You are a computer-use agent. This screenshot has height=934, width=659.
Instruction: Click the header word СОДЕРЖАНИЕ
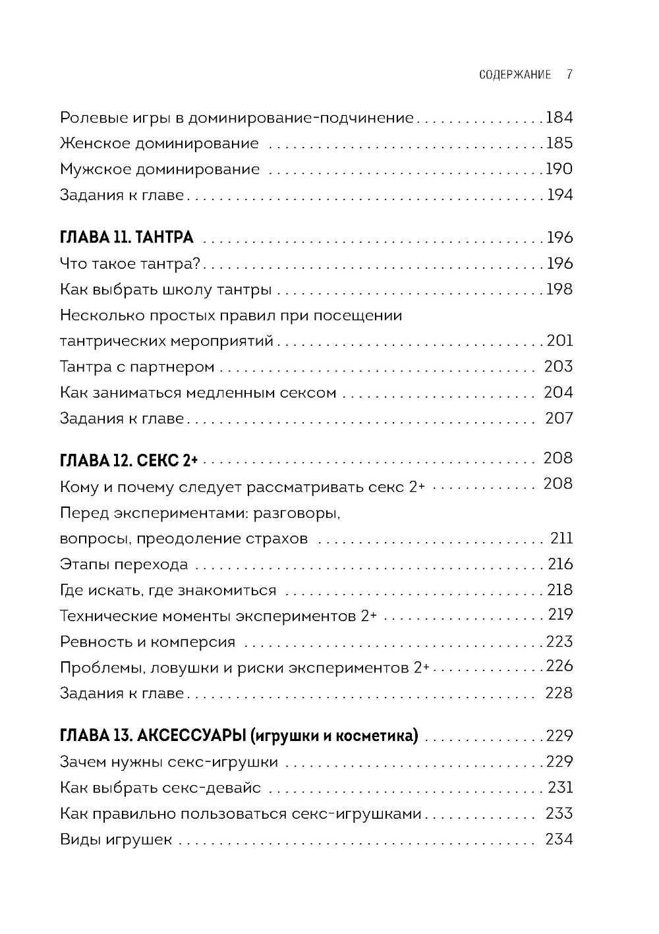[515, 74]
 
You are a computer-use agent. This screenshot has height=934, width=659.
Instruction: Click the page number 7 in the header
[569, 74]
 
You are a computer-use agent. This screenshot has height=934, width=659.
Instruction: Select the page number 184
[559, 118]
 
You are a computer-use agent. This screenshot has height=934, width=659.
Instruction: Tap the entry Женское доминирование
[159, 144]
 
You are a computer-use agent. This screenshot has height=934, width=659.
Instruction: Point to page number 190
[559, 169]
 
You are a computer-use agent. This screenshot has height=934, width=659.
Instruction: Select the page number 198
[559, 289]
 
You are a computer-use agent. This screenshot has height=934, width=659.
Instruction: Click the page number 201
[559, 341]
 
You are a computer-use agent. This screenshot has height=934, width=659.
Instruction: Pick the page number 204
[559, 393]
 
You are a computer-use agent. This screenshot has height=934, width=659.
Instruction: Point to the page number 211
[561, 538]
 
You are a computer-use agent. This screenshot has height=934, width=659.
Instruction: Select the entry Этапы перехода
[124, 564]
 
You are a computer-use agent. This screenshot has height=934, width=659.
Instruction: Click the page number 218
[560, 590]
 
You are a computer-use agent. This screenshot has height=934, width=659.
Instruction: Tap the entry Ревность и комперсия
[148, 642]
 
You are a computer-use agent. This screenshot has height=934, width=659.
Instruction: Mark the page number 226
[559, 666]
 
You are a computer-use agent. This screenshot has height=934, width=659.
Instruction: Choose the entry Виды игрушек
[116, 839]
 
